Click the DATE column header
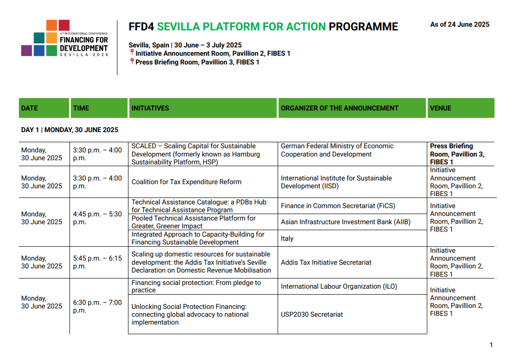[x=44, y=108]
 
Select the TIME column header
[x=99, y=108]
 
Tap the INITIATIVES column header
[x=203, y=108]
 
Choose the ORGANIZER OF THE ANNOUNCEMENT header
[x=352, y=108]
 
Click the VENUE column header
[x=461, y=108]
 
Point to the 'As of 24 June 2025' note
[x=460, y=24]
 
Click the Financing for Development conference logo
[x=64, y=38]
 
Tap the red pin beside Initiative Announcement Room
[x=132, y=52]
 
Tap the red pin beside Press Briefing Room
[x=132, y=61]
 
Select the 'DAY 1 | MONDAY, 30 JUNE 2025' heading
[x=70, y=130]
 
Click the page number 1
[x=491, y=345]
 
